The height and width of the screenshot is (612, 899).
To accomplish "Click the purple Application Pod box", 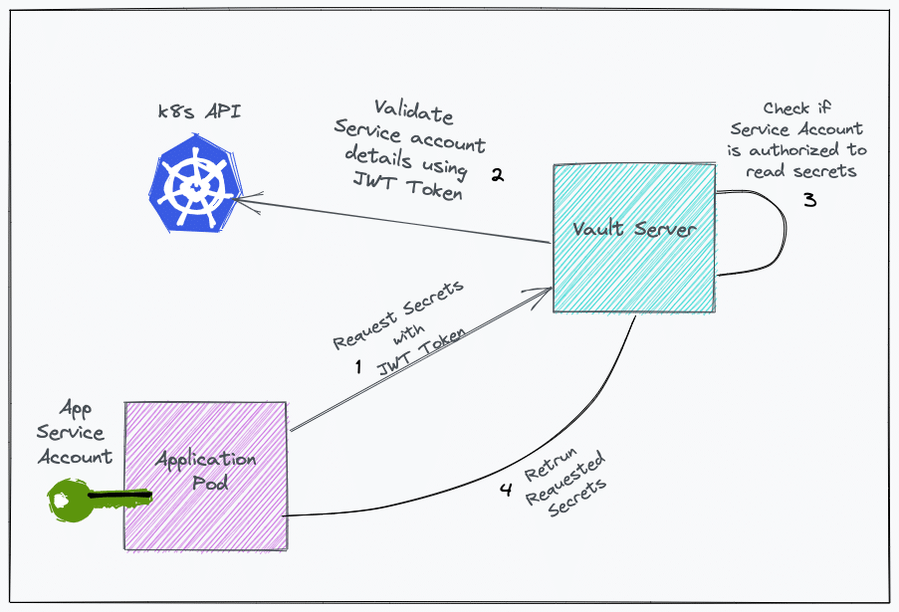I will (205, 476).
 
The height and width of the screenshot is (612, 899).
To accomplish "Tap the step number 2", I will (497, 175).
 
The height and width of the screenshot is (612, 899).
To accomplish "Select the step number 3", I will (809, 199).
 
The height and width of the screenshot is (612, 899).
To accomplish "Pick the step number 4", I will (506, 489).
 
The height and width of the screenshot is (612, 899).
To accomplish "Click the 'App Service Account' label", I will (71, 433).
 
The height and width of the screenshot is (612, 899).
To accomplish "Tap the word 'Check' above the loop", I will (787, 107).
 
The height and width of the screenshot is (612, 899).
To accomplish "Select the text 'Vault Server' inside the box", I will (634, 230).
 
